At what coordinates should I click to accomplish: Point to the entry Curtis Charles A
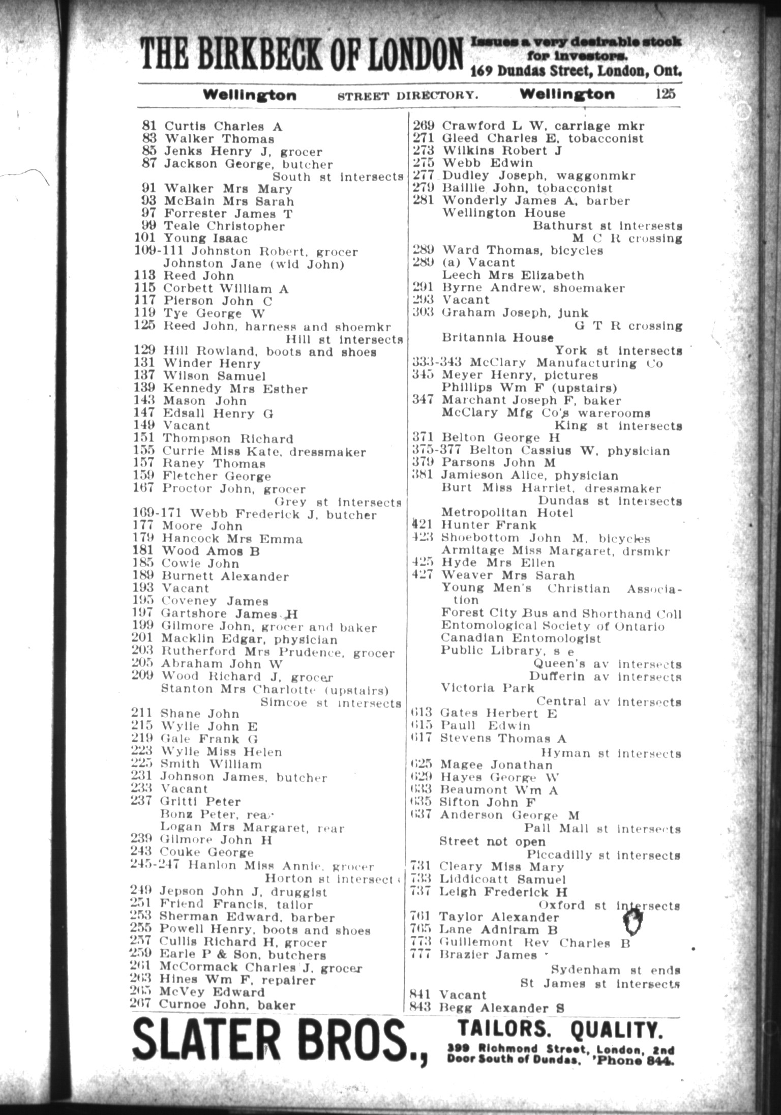(x=223, y=126)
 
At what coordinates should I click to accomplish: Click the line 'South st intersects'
(x=338, y=177)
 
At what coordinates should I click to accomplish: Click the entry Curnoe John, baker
(x=227, y=1005)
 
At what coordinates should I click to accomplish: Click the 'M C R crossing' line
(x=626, y=238)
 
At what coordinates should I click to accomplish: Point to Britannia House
(x=497, y=338)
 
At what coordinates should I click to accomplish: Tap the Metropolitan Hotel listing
(x=506, y=513)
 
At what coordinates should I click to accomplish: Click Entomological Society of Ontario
(x=552, y=626)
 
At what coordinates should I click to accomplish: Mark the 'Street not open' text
(x=492, y=842)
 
